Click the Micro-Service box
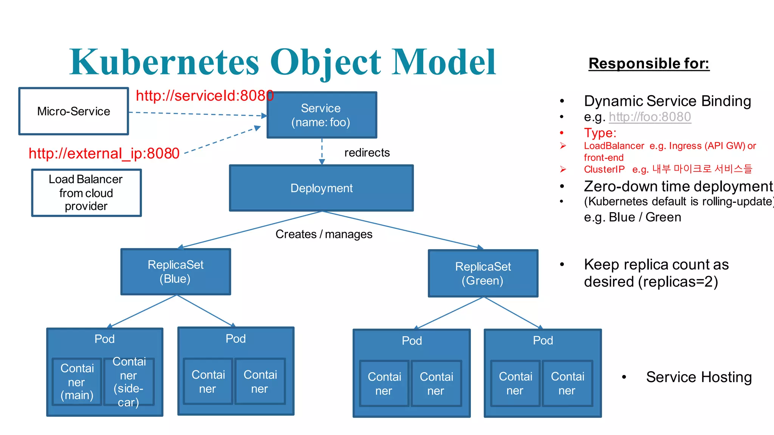(74, 111)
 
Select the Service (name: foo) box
(321, 115)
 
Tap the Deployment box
(321, 188)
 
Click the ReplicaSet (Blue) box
(176, 272)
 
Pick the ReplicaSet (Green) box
(483, 274)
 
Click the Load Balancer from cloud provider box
(86, 193)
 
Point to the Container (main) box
(77, 382)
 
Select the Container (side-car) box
(128, 382)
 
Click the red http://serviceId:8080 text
(204, 96)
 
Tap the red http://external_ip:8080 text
(104, 154)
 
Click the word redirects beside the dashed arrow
(367, 153)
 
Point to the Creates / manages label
(324, 234)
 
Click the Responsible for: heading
(649, 63)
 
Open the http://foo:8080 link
(650, 117)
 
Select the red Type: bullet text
(600, 133)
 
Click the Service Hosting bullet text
(699, 377)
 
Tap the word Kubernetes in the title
(164, 62)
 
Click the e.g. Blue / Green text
(632, 217)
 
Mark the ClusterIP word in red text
(604, 170)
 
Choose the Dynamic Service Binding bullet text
(667, 101)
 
